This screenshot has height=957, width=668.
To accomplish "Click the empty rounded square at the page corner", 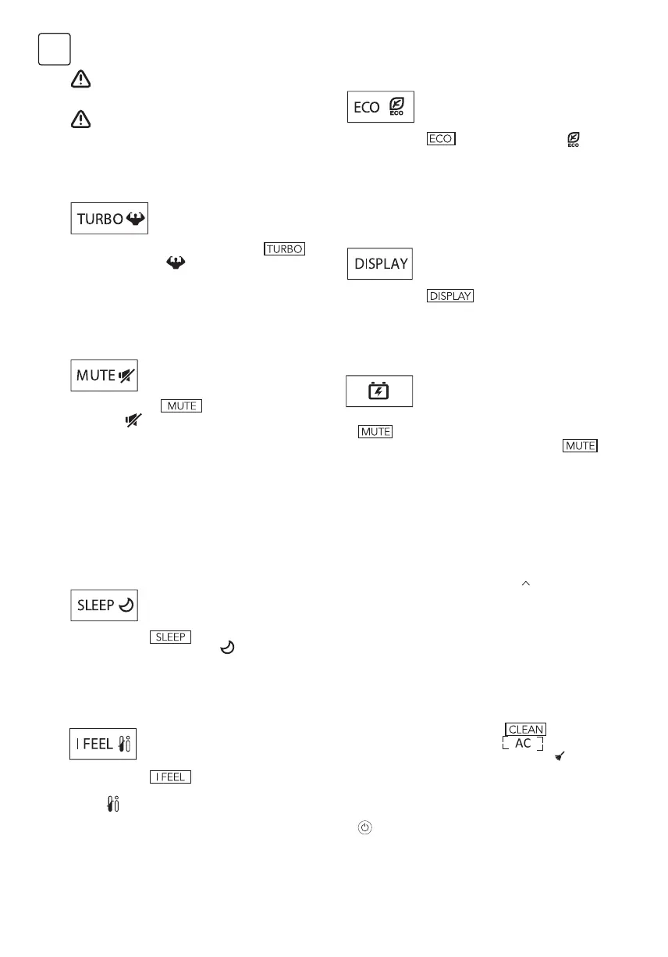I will [55, 49].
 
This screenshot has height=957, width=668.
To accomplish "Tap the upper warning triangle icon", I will [81, 80].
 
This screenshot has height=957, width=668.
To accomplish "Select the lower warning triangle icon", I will [81, 119].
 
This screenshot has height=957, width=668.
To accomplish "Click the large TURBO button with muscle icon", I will [109, 218].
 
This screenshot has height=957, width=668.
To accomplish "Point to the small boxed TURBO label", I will [285, 249].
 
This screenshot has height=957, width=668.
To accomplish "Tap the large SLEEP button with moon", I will [105, 605].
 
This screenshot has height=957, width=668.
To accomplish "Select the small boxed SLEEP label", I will [171, 637].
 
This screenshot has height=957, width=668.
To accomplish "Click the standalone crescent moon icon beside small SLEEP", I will [228, 648].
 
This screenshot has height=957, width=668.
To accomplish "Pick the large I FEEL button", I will [104, 744].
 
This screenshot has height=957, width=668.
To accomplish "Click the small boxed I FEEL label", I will [171, 777].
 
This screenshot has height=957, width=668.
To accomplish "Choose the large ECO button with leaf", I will [380, 107].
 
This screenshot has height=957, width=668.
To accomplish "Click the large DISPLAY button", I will [380, 263].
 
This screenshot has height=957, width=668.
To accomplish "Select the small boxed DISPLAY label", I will [451, 296].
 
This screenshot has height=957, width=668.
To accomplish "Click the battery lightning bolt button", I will [379, 391].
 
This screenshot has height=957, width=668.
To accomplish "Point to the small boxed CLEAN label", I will [526, 729].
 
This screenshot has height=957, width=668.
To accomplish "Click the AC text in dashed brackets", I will [522, 744].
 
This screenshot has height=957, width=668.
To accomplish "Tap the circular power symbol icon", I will [364, 827].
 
